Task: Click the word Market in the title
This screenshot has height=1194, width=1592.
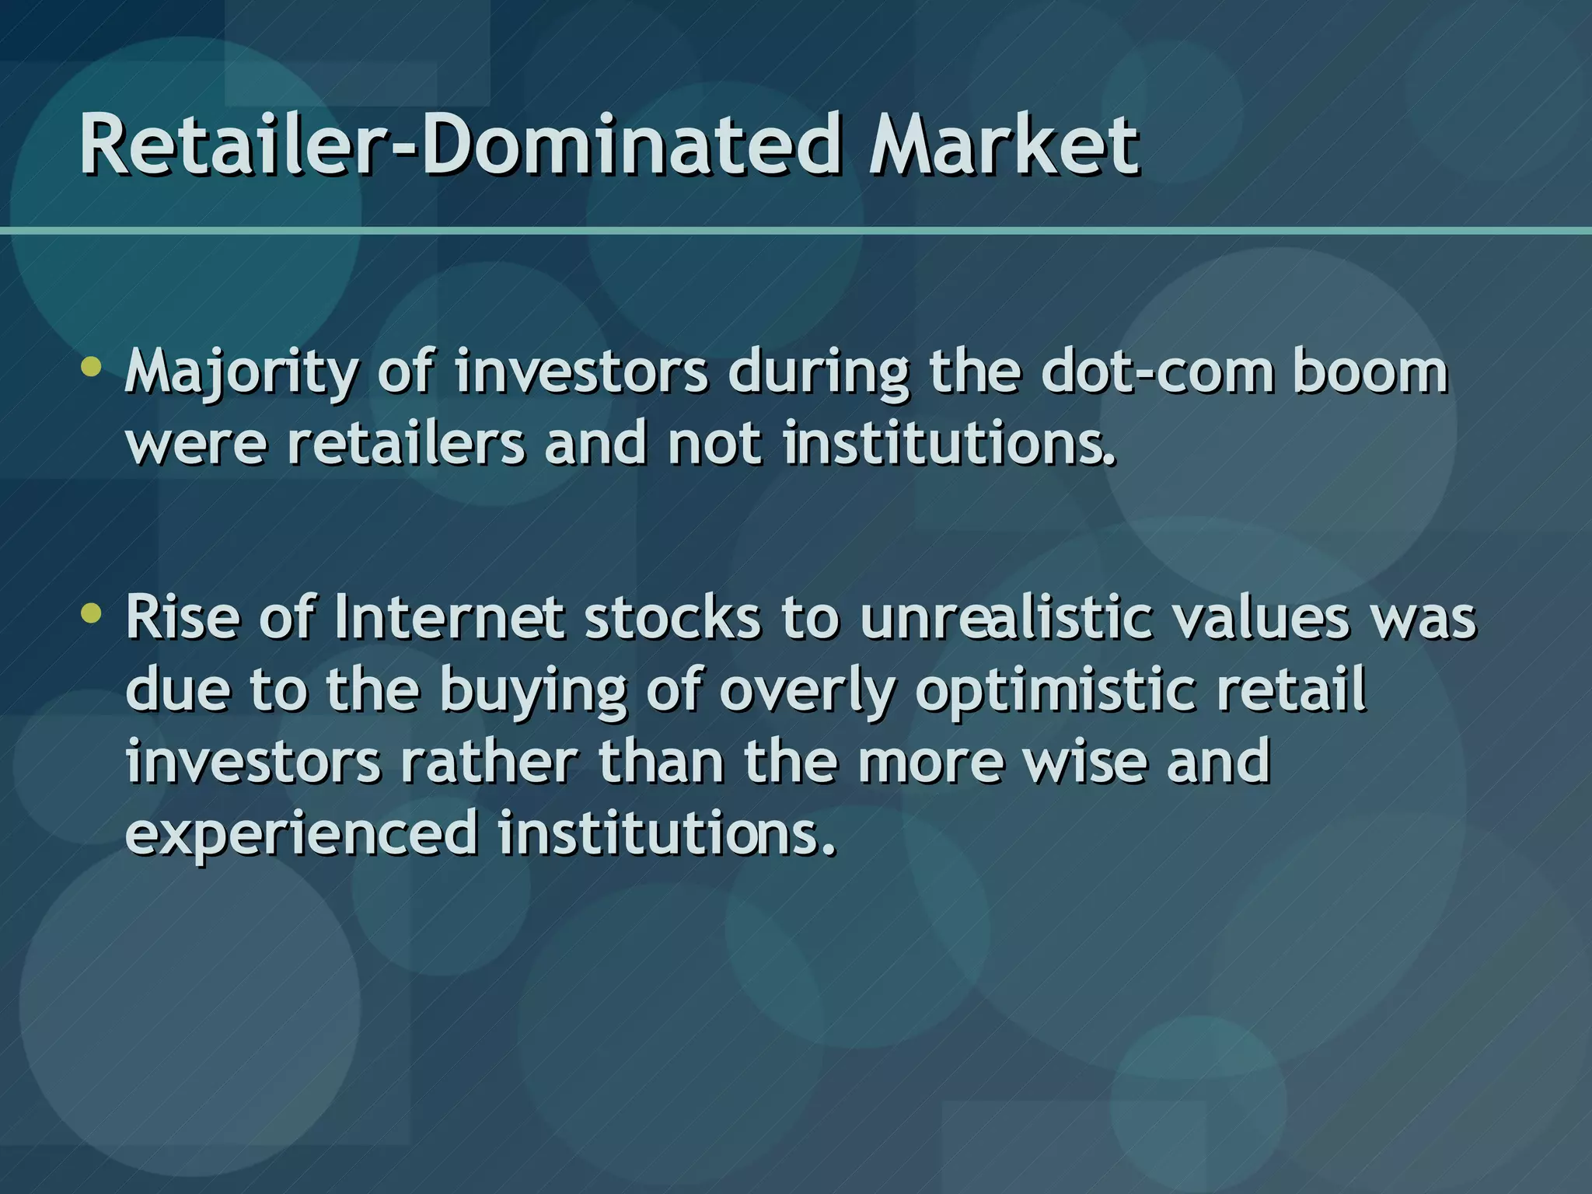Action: pos(1003,145)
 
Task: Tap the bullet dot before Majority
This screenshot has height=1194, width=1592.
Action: pos(92,368)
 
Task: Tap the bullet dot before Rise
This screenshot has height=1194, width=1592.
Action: pos(92,614)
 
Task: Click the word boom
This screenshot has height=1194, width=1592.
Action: pos(1370,372)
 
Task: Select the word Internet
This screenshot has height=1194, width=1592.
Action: pos(449,618)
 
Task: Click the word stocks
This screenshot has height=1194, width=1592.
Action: pos(672,618)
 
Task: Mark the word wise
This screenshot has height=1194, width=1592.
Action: pos(1085,761)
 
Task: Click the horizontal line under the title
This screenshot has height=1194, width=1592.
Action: pos(796,231)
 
